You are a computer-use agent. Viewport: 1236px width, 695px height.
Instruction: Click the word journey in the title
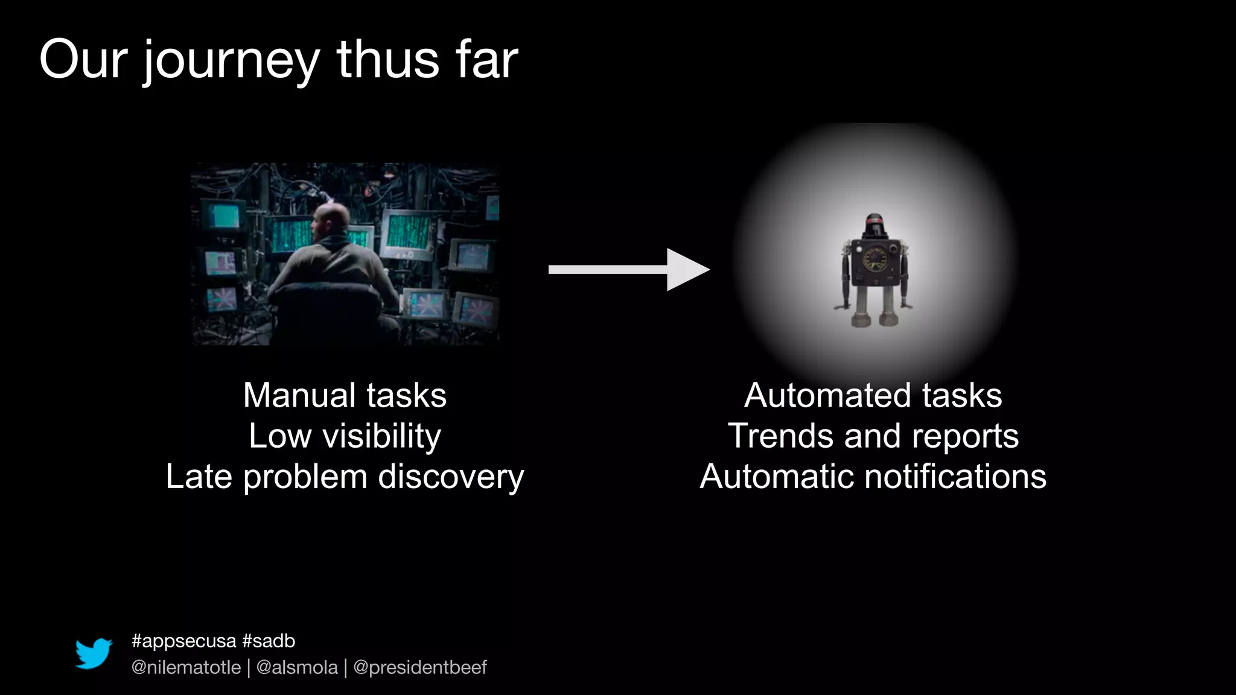click(231, 61)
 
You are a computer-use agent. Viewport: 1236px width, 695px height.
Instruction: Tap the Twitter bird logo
click(94, 653)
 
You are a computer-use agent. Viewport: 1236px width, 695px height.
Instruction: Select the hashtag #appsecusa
click(183, 641)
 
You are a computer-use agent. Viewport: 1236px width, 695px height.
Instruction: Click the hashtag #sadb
click(269, 641)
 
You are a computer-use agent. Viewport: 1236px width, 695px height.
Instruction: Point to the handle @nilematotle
click(186, 667)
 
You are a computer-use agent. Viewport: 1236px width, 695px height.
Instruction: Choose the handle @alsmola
click(297, 667)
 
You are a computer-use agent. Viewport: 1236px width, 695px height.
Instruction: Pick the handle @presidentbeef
click(419, 667)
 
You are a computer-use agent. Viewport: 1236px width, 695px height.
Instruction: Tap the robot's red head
click(873, 226)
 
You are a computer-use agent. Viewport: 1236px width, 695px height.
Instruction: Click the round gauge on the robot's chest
click(874, 259)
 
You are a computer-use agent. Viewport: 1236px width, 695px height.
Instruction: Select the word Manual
click(299, 396)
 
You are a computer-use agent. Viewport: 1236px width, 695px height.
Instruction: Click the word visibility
click(381, 436)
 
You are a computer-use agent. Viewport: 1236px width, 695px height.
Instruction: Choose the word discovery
click(451, 477)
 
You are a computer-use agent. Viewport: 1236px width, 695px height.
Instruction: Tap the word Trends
click(780, 436)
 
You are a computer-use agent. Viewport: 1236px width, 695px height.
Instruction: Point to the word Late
click(199, 477)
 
